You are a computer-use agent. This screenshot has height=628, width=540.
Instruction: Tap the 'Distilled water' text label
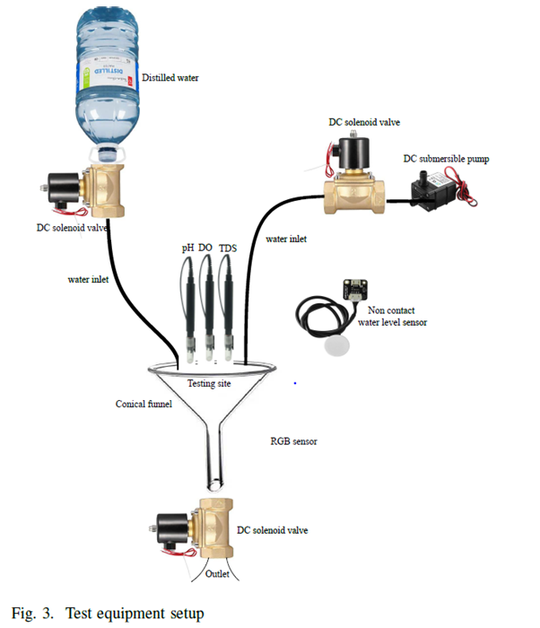point(170,78)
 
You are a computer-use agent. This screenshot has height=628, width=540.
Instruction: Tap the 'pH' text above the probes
point(188,248)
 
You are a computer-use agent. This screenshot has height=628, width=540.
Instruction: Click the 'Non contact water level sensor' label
point(391,316)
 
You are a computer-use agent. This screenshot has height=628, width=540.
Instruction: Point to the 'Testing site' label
point(209,383)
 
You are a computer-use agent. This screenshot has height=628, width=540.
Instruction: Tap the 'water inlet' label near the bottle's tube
point(89,279)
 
